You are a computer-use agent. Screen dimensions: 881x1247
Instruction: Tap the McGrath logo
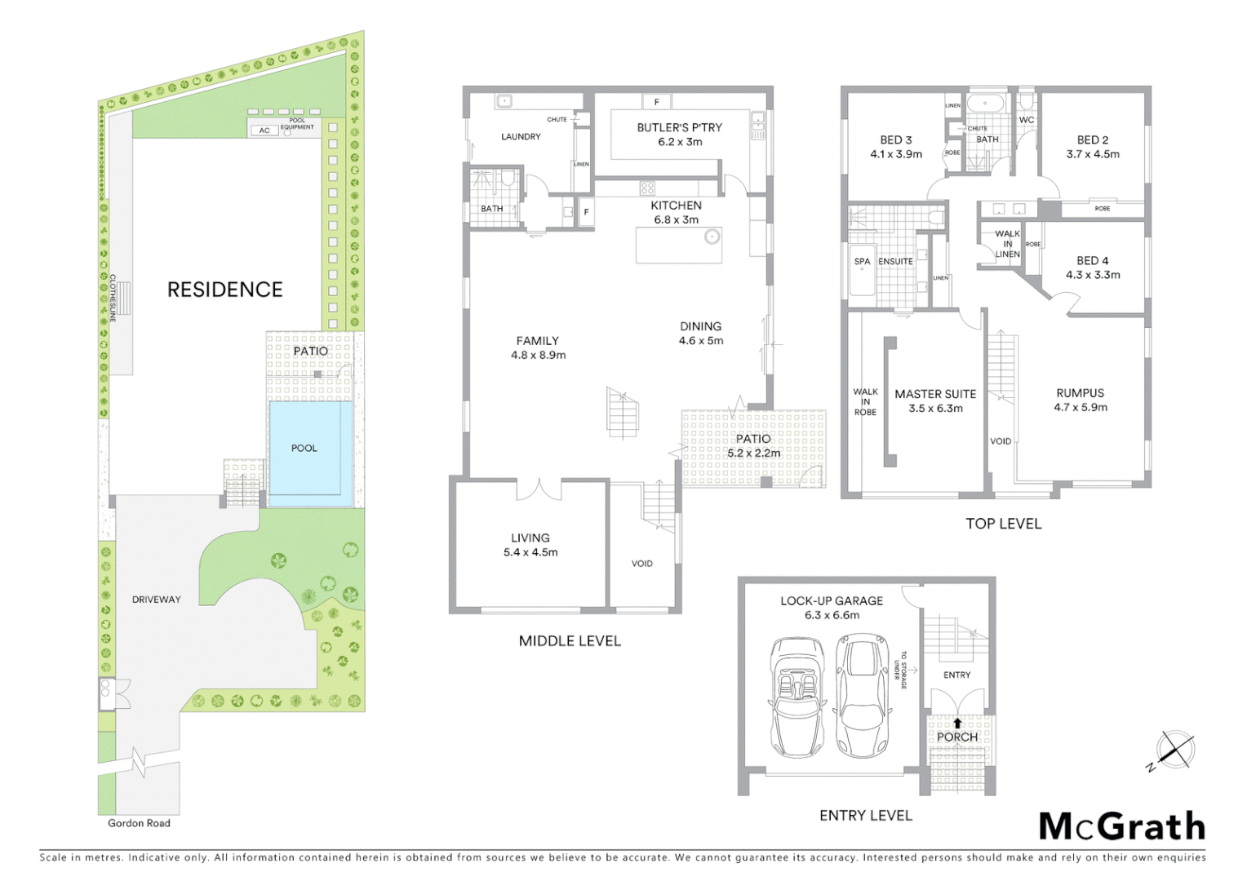[1121, 826]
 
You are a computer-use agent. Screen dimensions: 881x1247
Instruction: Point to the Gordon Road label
[139, 823]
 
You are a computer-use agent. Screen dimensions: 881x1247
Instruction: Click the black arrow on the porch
[957, 723]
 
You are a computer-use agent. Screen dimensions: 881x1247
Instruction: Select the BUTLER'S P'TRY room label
[679, 127]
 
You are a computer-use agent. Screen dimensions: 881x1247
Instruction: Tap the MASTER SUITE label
[935, 394]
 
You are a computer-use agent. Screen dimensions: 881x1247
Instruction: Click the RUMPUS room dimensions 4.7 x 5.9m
[1080, 407]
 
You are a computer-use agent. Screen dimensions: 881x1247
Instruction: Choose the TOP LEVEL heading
[1003, 524]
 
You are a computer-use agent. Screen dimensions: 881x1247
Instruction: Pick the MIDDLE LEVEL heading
[570, 641]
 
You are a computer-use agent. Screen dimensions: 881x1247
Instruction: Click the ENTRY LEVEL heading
[866, 815]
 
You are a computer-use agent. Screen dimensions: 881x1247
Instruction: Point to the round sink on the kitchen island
[712, 237]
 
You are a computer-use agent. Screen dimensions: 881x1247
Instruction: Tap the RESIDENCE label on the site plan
[224, 290]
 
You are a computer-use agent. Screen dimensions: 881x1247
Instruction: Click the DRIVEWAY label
[156, 600]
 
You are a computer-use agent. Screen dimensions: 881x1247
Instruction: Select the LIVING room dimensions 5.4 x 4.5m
[530, 552]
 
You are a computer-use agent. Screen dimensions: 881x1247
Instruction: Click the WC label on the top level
[1026, 120]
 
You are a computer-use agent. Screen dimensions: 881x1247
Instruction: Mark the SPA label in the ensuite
[862, 262]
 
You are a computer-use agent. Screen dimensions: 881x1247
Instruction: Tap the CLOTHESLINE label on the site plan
[113, 298]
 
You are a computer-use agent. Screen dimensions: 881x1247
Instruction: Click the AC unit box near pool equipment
[264, 131]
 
